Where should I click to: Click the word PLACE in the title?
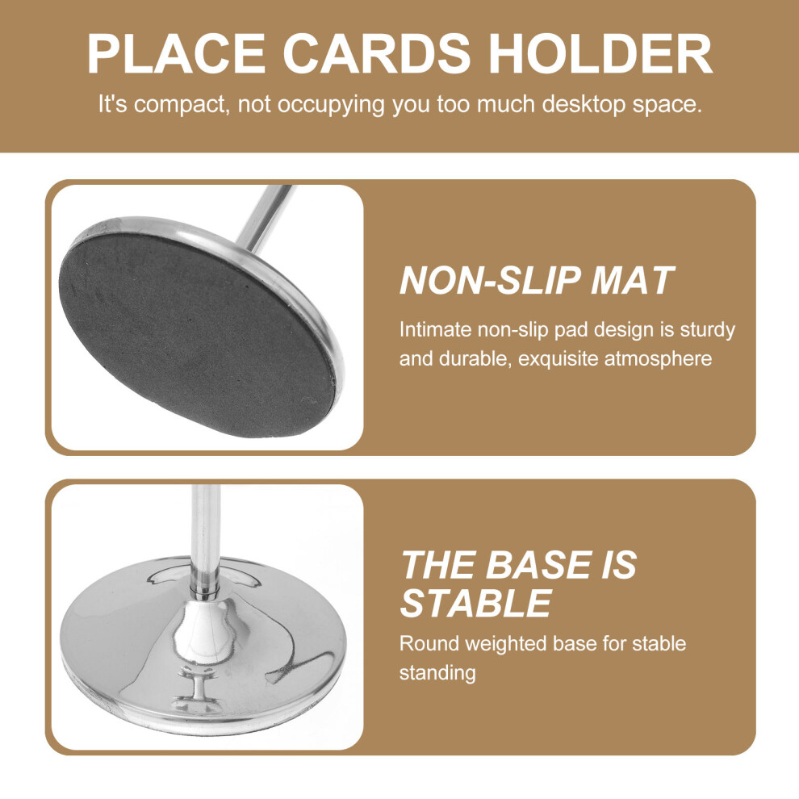tap(176, 53)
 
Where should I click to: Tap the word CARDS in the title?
tap(377, 53)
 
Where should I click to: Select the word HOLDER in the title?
tap(600, 53)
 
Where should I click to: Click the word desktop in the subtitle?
tap(584, 104)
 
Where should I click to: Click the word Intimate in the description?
tap(435, 330)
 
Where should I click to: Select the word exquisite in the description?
tap(558, 358)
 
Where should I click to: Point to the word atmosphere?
tap(658, 359)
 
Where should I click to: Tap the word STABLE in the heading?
tap(476, 604)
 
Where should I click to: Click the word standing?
tap(437, 674)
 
